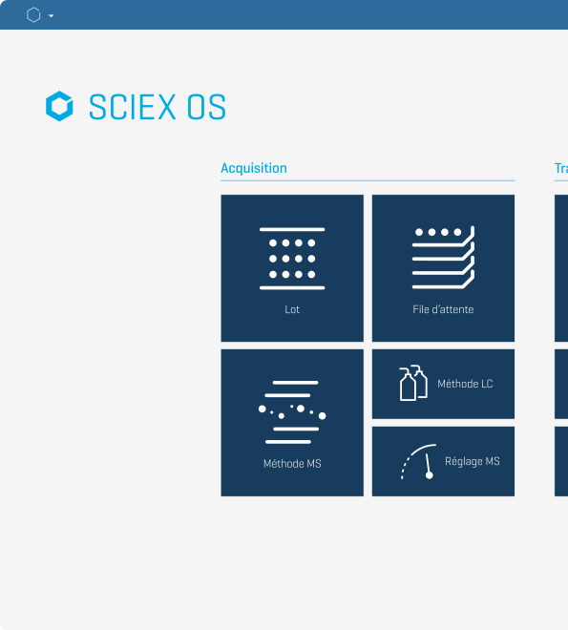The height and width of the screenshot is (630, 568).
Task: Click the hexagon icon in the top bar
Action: [x=33, y=15]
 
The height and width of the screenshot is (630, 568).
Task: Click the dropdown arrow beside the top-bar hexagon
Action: [x=51, y=15]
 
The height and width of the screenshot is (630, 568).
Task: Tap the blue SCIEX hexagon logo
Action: [x=59, y=106]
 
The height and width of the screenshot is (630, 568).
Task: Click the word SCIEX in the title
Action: [x=132, y=107]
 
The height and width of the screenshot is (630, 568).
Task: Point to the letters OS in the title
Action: [x=206, y=107]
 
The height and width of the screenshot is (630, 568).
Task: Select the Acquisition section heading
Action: [x=254, y=168]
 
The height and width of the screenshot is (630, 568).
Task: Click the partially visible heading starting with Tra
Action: [x=561, y=168]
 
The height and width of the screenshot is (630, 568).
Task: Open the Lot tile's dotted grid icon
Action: [x=292, y=259]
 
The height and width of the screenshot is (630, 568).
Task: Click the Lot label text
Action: [x=292, y=309]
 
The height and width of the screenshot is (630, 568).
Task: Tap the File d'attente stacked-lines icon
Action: [x=443, y=257]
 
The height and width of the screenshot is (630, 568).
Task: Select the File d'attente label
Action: [x=443, y=309]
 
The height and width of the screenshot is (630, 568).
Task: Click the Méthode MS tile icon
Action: [x=292, y=411]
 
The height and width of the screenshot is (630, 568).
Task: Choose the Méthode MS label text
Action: [x=292, y=464]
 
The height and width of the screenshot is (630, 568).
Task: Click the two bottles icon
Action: [x=413, y=383]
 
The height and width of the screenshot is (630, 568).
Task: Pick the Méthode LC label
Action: [x=465, y=384]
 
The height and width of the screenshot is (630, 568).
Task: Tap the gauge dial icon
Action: [x=418, y=462]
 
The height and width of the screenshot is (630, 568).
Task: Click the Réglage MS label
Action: [x=473, y=461]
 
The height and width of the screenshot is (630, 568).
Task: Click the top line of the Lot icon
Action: [x=292, y=229]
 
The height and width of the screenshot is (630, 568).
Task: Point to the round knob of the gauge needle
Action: [x=429, y=475]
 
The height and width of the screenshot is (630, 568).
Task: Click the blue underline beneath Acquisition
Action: [x=368, y=180]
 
